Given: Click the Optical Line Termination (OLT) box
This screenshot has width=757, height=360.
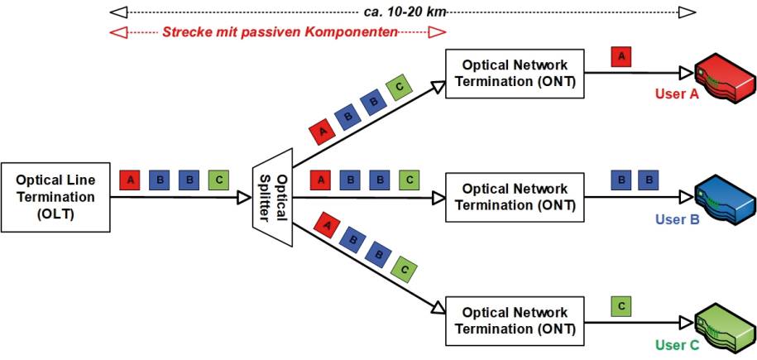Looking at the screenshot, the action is pos(55,197).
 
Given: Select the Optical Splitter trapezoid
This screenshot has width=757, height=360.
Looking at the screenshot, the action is pos(273,197).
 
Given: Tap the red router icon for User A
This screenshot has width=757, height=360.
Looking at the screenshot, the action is pos(725,82).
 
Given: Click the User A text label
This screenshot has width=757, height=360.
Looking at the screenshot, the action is pos(677,94).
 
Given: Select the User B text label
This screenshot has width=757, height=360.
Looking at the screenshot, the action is pos(677,220).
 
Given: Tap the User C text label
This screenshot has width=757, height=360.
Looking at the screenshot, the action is pos(677,345).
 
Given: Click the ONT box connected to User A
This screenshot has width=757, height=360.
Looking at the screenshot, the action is pos(515,74).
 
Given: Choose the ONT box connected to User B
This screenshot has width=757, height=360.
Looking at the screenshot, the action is pos(515,197).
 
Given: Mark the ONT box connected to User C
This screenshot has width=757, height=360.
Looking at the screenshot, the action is pos(515,321).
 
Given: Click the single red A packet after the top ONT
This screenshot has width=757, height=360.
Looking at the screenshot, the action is pos(621,56).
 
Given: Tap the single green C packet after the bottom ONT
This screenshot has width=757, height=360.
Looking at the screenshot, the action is pos(621,305).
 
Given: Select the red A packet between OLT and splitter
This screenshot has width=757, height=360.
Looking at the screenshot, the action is pos(129,180).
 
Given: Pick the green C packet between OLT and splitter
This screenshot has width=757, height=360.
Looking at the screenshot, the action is pos(218,180).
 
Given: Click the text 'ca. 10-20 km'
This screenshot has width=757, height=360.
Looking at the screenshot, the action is pos(403,12).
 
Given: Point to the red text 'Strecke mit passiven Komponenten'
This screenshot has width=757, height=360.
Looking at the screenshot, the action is pos(280,32).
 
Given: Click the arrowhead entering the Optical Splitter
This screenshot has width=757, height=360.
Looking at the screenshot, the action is pos(243,197).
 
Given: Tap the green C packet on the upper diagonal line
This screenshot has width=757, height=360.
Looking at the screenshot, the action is pos(399,89).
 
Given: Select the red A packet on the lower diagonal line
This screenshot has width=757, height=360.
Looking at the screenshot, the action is pos(326,226).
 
